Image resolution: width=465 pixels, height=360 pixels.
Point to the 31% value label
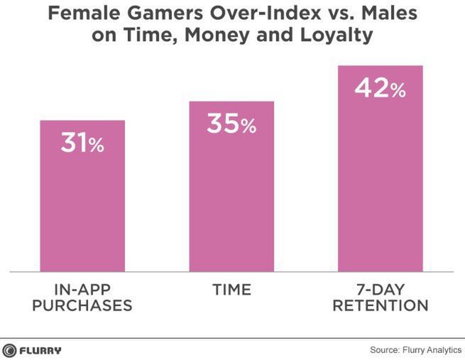pyautogui.click(x=82, y=144)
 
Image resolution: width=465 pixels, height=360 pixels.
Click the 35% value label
pyautogui.click(x=231, y=124)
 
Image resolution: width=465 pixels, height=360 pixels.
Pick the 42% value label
pyautogui.click(x=380, y=89)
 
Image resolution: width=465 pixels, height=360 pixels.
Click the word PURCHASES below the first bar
pyautogui.click(x=83, y=307)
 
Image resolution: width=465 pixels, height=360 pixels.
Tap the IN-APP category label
pyautogui.click(x=83, y=290)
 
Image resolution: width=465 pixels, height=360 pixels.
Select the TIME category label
pyautogui.click(x=231, y=290)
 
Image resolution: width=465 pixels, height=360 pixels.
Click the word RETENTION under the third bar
pyautogui.click(x=381, y=307)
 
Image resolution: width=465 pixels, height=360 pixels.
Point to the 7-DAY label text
pyautogui.click(x=381, y=290)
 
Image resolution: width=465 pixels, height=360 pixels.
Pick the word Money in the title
pyautogui.click(x=217, y=36)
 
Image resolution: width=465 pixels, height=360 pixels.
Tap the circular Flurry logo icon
pyautogui.click(x=9, y=349)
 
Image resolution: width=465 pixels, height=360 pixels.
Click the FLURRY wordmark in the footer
pyautogui.click(x=40, y=349)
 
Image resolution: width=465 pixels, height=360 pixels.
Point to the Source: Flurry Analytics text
pyautogui.click(x=415, y=350)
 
